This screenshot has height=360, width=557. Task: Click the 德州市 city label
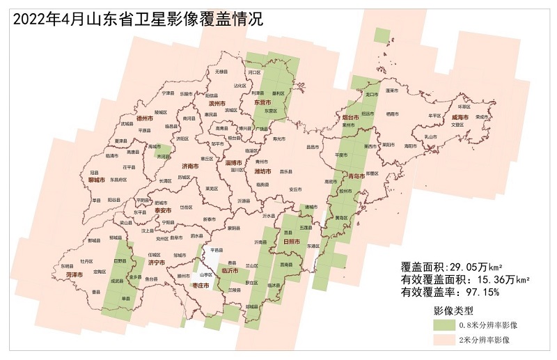(145, 118)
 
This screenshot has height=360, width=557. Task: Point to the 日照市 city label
(292, 241)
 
